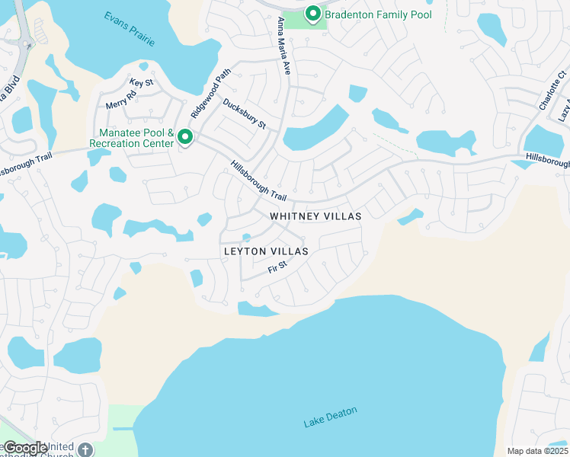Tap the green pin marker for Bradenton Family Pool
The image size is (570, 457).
(x=312, y=13)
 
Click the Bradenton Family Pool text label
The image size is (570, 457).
(x=378, y=14)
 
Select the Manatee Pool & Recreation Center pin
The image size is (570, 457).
(x=184, y=138)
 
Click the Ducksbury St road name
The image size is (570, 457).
(x=244, y=114)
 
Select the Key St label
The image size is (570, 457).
(x=141, y=82)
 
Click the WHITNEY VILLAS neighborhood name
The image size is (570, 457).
(x=315, y=216)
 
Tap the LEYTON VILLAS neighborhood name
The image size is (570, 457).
(x=266, y=251)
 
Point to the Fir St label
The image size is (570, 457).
(x=277, y=267)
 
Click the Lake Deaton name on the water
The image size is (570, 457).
(x=330, y=417)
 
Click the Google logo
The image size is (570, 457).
(x=25, y=448)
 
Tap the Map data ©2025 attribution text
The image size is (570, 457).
(x=537, y=451)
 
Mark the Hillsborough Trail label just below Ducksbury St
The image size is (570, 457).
(x=264, y=181)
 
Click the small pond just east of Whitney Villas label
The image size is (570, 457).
(x=410, y=218)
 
